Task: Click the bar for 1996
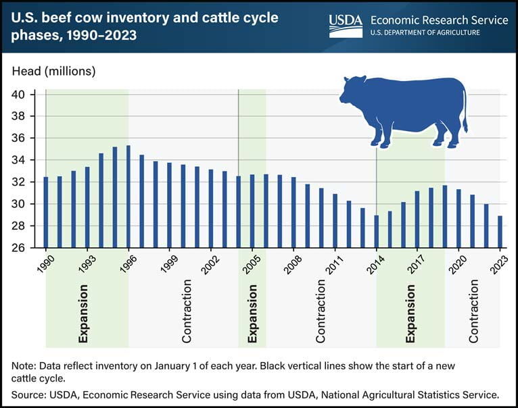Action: tap(128, 197)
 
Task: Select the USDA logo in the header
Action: tap(346, 26)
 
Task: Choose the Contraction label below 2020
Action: tap(474, 314)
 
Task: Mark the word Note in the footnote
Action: tap(24, 365)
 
